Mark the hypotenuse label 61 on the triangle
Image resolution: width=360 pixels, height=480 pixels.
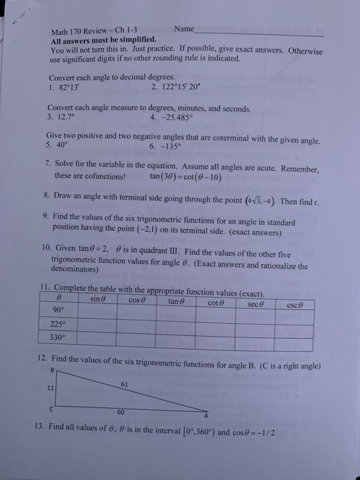pyautogui.click(x=124, y=383)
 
